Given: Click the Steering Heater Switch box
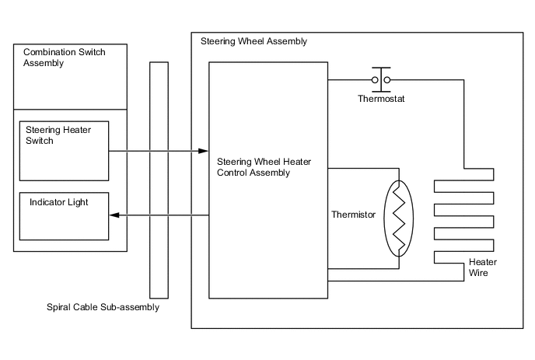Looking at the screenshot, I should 64,150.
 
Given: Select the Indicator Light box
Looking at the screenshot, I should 64,215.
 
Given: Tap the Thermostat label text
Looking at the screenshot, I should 381,100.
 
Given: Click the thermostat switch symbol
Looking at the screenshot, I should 381,79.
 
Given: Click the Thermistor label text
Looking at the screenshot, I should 354,215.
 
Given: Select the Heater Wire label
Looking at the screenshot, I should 482,267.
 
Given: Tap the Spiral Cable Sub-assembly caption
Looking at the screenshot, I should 103,308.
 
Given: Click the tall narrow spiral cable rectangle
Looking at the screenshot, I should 159,179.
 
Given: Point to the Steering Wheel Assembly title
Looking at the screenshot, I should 254,41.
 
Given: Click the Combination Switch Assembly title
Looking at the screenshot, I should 64,58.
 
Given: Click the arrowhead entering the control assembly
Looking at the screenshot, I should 204,151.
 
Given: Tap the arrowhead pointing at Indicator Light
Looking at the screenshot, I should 114,215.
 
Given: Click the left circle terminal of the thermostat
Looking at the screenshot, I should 375,80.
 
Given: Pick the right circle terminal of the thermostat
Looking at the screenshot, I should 387,80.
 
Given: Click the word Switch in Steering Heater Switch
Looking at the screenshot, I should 40,141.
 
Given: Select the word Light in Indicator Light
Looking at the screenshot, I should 77,202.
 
